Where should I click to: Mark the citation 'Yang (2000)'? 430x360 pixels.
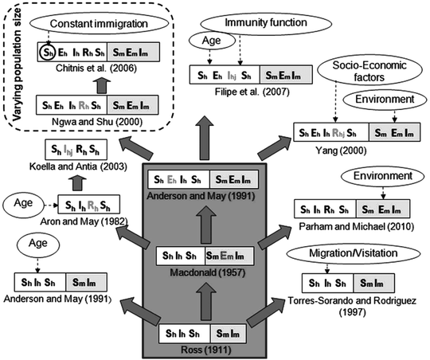click(x=354, y=147)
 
